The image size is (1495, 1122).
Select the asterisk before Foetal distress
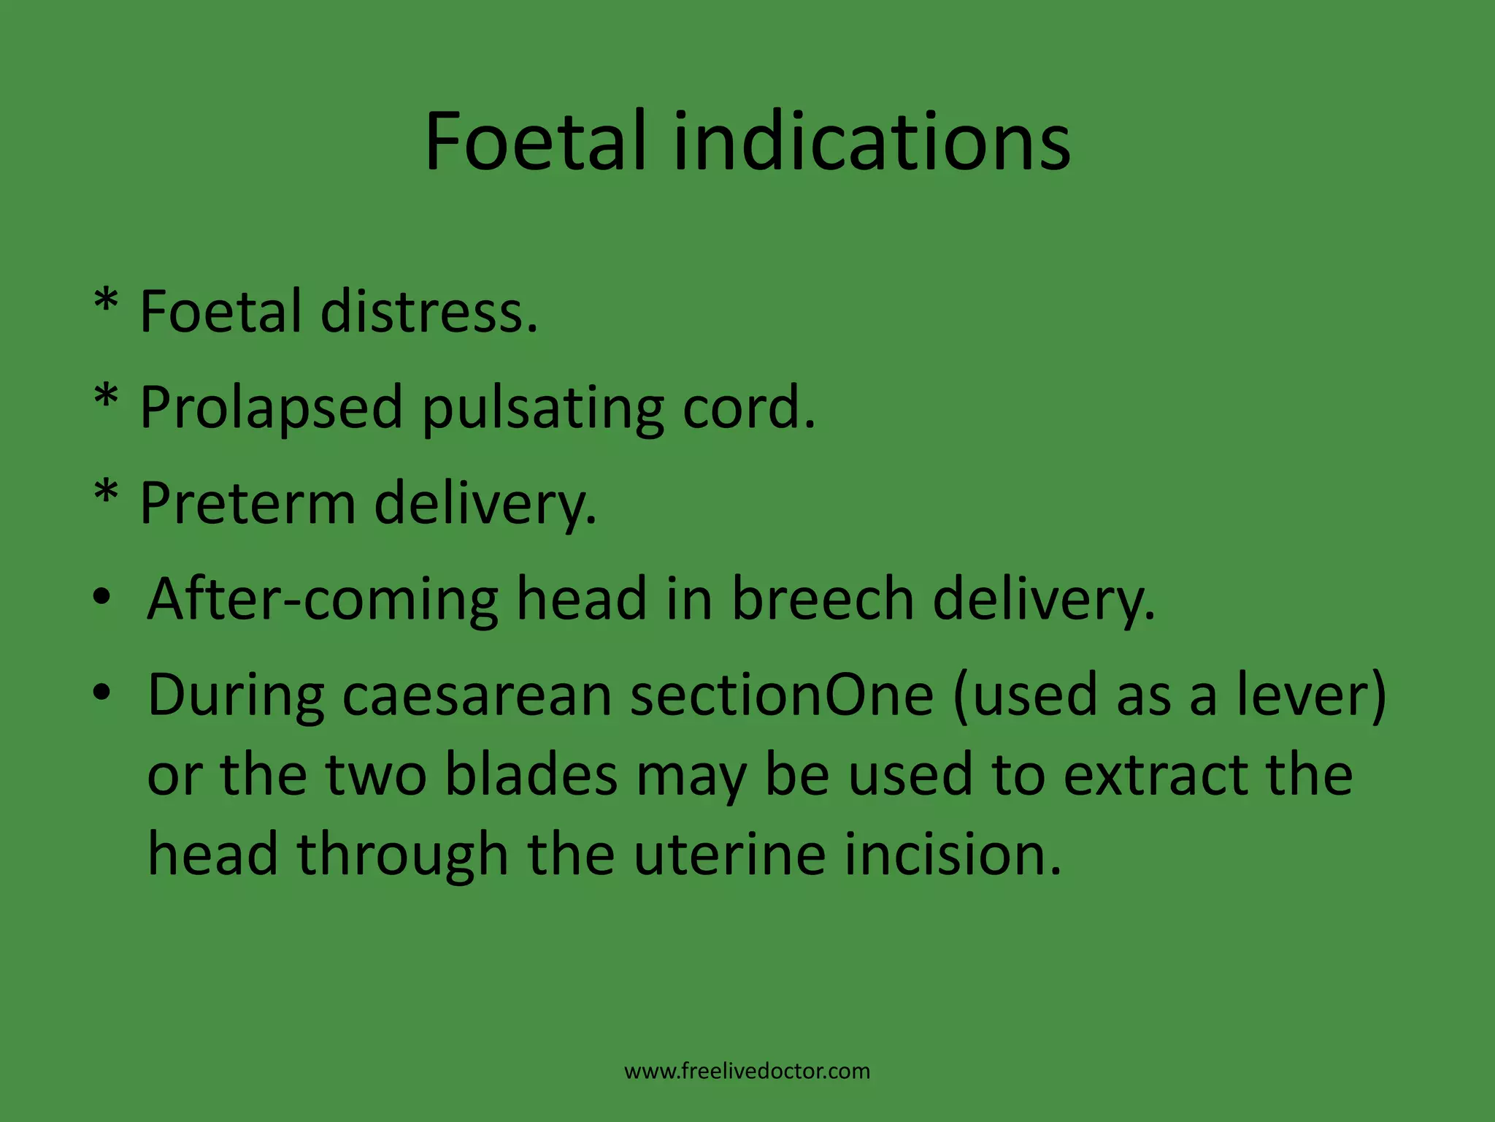[x=107, y=302]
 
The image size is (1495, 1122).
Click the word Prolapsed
[x=271, y=408]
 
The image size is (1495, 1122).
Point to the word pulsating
[x=543, y=408]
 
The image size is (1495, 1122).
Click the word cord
[x=748, y=408]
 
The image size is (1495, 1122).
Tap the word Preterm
[x=247, y=504]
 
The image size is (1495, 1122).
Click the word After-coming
[x=322, y=600]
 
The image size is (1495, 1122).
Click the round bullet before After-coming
[x=101, y=598]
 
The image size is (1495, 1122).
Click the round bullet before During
[x=101, y=692]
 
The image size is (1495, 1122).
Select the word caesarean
[x=477, y=695]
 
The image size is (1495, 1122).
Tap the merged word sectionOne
[x=782, y=695]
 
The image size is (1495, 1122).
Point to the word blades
[x=531, y=775]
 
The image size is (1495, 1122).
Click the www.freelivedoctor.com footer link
[x=747, y=1072]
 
